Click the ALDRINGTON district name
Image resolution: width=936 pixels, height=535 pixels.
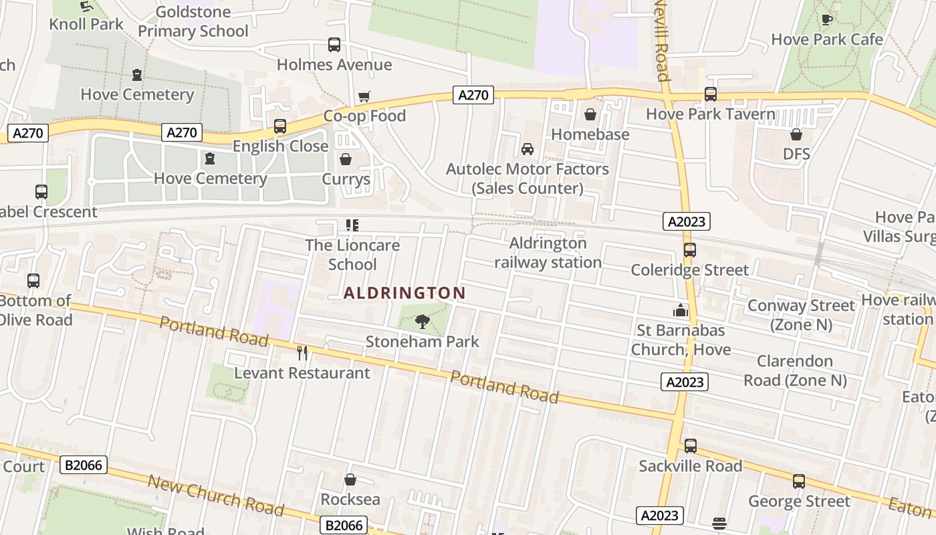tap(404, 293)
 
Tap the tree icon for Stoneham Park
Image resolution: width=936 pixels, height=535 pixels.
tap(422, 322)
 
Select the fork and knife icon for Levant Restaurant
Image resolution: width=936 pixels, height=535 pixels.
tap(302, 352)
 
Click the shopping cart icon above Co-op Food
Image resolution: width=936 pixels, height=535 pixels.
tap(364, 97)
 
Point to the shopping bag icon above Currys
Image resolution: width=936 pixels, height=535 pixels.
tap(346, 159)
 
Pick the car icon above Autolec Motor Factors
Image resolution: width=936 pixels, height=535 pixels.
tap(528, 148)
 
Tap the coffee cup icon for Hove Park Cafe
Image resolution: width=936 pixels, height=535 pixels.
tap(827, 19)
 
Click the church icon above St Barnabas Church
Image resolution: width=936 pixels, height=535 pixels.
tap(681, 310)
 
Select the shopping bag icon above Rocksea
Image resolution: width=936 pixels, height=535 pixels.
tap(350, 479)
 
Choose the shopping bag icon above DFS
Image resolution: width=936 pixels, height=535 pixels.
tap(796, 134)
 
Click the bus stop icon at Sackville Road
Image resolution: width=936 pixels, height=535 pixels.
tap(691, 445)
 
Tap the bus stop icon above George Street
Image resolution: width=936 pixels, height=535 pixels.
tap(799, 481)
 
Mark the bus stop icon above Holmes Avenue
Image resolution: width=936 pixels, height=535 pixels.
tap(334, 45)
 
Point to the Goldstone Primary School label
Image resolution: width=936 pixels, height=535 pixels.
tap(193, 21)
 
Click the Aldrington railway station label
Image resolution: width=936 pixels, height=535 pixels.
tap(548, 253)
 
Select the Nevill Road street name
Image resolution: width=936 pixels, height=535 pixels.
tap(662, 40)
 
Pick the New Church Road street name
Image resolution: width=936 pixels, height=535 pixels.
tap(215, 496)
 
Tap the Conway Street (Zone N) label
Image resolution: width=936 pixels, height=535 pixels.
tap(801, 315)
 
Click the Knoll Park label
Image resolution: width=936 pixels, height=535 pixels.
tap(86, 24)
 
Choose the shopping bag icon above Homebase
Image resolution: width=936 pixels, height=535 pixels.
tap(590, 115)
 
